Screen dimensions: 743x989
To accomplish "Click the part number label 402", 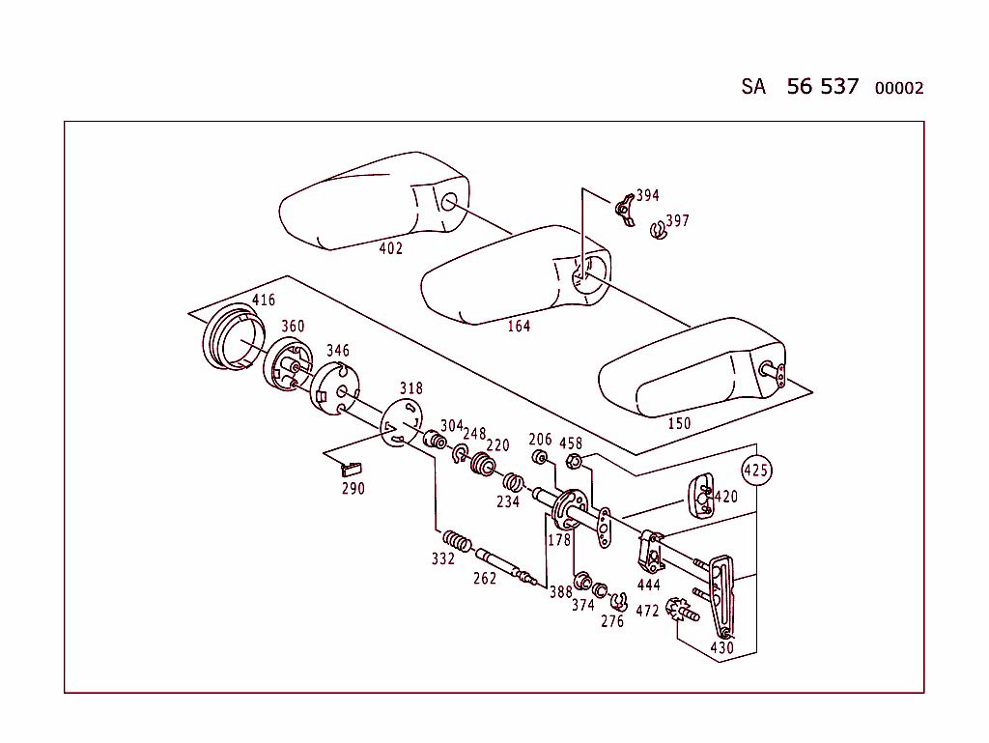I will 390,248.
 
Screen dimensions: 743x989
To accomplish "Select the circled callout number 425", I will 756,472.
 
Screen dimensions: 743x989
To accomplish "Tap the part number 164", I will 519,326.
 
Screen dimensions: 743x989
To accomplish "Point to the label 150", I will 679,423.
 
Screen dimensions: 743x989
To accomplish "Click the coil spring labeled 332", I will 457,542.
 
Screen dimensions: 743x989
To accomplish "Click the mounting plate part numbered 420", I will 701,496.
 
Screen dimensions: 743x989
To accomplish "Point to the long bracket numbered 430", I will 721,594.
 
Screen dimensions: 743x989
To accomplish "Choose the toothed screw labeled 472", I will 685,611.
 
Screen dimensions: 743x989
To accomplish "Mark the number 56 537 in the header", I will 822,86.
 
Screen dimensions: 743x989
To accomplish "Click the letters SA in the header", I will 753,86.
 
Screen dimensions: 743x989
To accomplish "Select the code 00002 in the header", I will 899,88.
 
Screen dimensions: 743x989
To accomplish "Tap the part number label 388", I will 560,592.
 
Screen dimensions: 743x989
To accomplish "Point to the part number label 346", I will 337,351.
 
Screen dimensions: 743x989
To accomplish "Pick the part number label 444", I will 649,585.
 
